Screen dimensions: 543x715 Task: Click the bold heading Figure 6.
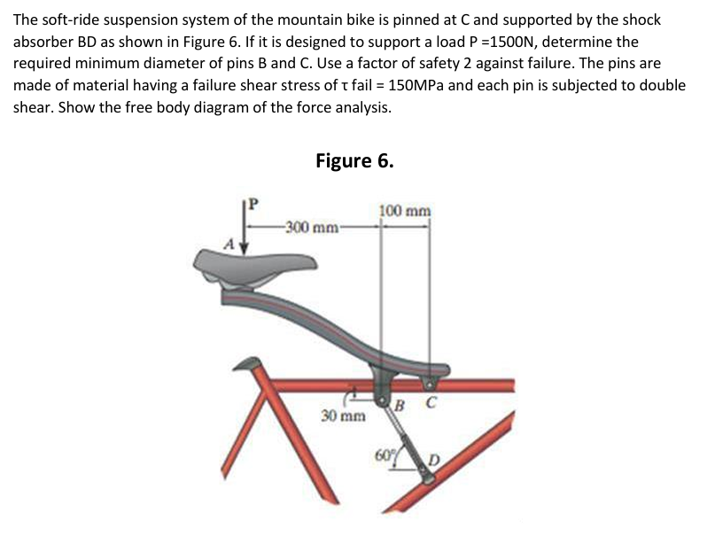354,160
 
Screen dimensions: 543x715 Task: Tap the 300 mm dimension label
310,228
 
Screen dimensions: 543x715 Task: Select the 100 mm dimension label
405,212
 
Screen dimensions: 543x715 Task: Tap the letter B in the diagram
400,407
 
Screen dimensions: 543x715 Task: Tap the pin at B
383,403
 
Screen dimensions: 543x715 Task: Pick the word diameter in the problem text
154,64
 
